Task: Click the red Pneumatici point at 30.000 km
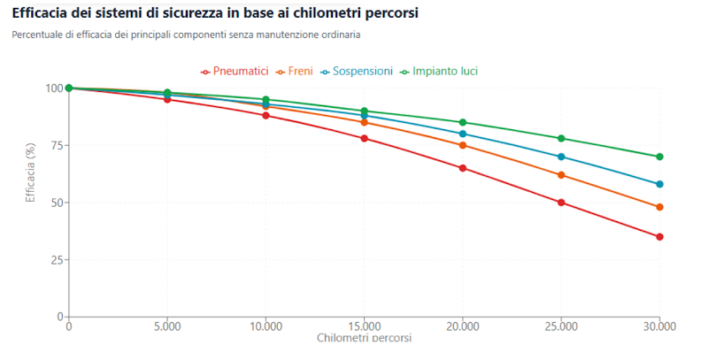659,237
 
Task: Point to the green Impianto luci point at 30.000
659,157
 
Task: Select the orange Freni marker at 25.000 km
561,175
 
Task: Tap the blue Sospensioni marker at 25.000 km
561,157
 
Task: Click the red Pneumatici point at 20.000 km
463,168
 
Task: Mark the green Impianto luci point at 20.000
463,122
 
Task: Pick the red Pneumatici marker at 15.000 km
365,138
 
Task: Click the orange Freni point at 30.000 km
659,207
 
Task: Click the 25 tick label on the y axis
56,259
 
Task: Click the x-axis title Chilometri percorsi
364,339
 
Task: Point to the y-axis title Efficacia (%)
30,173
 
